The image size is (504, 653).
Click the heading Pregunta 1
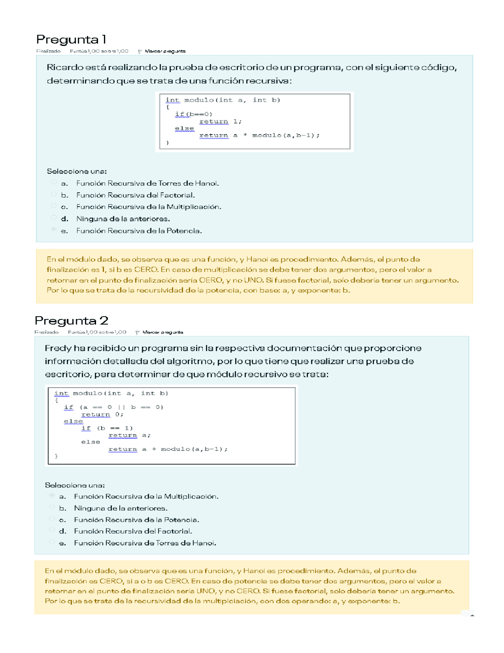(x=71, y=39)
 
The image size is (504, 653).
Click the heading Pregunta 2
(x=71, y=321)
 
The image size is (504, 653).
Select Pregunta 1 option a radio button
(x=54, y=182)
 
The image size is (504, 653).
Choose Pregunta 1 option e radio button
(x=54, y=229)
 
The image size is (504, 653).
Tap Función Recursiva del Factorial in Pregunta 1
(x=135, y=195)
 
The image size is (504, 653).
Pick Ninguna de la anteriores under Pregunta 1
(x=123, y=219)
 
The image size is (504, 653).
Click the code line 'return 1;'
(x=220, y=121)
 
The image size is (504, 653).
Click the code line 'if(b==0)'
(x=193, y=114)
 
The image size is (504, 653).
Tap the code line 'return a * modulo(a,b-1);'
(x=259, y=135)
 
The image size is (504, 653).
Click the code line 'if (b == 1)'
(x=107, y=428)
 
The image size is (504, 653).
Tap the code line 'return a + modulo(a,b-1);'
(x=168, y=449)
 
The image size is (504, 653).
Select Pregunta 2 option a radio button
(x=52, y=496)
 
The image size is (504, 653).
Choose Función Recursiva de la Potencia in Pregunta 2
(x=136, y=520)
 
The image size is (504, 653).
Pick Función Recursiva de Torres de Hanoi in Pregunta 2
(x=145, y=543)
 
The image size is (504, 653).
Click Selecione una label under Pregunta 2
(x=75, y=485)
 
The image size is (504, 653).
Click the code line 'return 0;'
(x=102, y=414)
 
